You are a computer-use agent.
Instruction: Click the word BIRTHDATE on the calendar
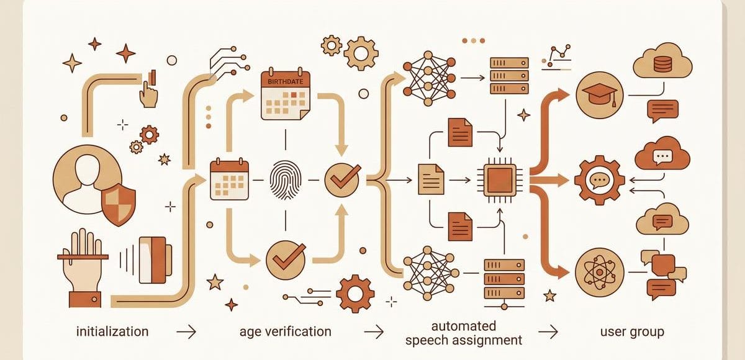coord(285,81)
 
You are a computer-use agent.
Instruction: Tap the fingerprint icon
coord(286,181)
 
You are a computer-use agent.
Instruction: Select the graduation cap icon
coord(600,96)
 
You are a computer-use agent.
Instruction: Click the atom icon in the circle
coord(600,272)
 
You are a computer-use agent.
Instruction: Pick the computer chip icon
coord(500,180)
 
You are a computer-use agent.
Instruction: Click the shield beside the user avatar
coord(119,204)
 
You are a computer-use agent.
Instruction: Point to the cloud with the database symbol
coord(662,61)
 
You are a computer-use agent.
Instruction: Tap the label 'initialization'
coord(112,331)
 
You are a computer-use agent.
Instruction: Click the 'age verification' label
coord(286,331)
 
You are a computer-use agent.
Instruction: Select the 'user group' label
coord(632,332)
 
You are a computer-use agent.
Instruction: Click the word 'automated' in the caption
coord(464,326)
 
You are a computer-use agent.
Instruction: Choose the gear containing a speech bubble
coord(600,180)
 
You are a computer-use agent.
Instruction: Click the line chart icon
coord(557,58)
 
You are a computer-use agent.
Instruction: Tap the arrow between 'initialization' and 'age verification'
coord(186,331)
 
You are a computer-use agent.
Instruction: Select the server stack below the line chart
coord(509,76)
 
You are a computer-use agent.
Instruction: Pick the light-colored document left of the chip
coord(431,179)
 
